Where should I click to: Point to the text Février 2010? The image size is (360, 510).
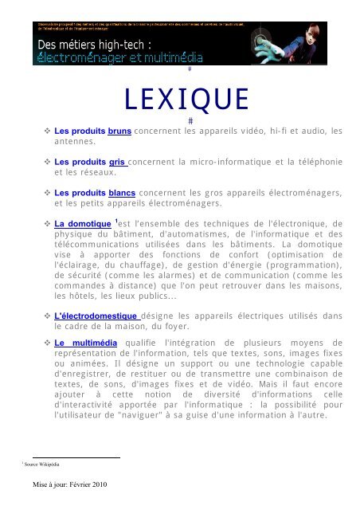(86, 484)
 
